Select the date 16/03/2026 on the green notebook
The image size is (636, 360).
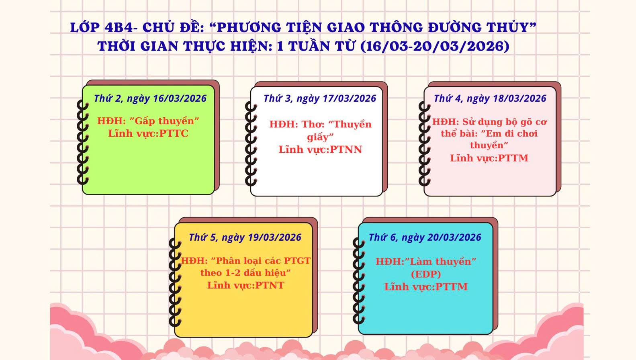tap(180, 98)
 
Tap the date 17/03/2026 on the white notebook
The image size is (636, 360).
tap(350, 98)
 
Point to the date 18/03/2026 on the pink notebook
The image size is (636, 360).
tap(519, 98)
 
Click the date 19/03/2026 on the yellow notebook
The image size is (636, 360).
tap(274, 237)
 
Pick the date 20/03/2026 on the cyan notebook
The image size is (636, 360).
tap(454, 237)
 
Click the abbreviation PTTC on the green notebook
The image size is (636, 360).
tap(174, 133)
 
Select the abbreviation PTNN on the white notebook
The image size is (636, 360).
tap(346, 149)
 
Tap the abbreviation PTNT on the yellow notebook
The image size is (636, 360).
tap(270, 285)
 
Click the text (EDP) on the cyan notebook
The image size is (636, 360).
tap(426, 274)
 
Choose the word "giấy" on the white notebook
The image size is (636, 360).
tap(320, 137)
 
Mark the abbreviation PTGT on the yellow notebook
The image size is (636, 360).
tap(297, 261)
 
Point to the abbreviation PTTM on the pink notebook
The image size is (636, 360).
tap(513, 158)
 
